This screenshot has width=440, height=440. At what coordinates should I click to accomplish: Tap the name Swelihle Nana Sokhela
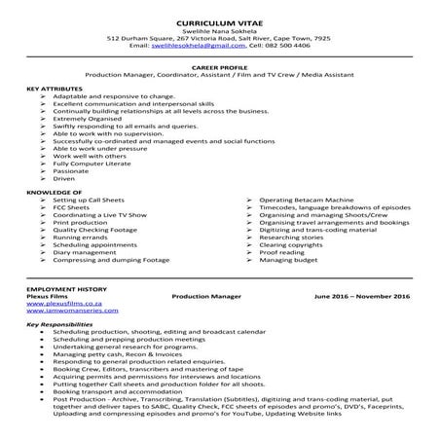[219, 30]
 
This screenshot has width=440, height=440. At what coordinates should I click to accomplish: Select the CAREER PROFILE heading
[220, 66]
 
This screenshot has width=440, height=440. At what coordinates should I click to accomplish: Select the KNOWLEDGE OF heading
[48, 193]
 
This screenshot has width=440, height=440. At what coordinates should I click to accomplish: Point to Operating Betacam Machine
[304, 200]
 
